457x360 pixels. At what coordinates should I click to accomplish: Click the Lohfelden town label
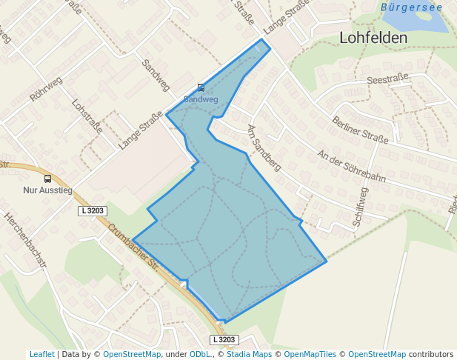pos(373,38)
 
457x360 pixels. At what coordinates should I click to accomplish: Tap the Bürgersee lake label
pos(411,7)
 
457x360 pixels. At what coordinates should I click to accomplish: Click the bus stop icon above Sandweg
pos(201,87)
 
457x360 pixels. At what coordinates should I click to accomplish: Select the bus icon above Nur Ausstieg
pos(48,179)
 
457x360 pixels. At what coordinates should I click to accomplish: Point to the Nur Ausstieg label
pos(48,190)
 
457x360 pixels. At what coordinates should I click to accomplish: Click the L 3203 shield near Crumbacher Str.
pos(93,211)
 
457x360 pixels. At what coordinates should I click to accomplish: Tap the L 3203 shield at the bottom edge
pos(224,340)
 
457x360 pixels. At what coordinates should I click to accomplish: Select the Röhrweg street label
pos(46,90)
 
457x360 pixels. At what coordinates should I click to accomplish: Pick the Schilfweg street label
pos(361,205)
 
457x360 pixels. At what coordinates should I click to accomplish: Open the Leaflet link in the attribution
pos(41,354)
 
